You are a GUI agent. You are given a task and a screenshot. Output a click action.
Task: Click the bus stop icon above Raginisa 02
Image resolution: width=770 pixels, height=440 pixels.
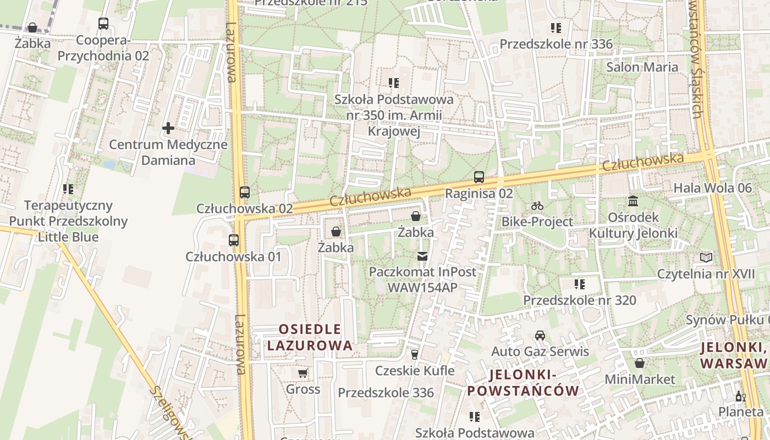coord(479,177)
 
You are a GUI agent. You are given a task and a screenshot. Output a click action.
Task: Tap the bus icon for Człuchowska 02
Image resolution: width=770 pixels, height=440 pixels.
coord(245,193)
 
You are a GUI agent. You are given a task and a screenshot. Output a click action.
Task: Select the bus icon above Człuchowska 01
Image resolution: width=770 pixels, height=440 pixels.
coord(234,240)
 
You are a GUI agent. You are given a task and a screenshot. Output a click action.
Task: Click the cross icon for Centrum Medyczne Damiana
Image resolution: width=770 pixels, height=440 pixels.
coord(168,129)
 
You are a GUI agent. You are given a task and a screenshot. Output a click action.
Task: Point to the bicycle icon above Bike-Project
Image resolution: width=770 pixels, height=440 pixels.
coord(537,206)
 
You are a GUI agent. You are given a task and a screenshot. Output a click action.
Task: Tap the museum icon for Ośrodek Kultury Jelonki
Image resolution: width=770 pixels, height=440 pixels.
coord(633,201)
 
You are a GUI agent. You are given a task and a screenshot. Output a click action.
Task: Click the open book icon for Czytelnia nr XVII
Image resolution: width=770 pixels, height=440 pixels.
coord(706,257)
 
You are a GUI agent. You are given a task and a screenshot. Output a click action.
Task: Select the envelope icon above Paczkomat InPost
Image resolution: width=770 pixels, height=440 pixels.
coord(422,256)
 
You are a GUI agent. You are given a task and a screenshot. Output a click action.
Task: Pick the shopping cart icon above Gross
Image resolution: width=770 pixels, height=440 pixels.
coord(302,373)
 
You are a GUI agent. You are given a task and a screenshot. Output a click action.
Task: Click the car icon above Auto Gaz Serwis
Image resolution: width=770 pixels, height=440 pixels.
coord(540,335)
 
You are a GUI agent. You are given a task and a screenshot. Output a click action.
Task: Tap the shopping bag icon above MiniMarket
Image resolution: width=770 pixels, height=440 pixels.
coord(639,363)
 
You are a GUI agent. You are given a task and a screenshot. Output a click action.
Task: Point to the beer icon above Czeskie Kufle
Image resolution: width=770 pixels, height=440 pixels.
coord(415,355)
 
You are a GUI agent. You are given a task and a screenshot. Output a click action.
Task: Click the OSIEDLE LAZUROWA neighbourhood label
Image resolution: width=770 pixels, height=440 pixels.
coord(310,337)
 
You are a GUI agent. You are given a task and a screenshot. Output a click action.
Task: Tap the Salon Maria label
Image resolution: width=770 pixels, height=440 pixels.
coord(642,67)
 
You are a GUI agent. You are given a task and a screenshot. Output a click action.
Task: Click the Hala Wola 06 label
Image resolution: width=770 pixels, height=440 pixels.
coord(712,188)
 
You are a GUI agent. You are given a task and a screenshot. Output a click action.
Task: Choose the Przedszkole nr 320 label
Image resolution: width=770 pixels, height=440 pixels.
coord(579,300)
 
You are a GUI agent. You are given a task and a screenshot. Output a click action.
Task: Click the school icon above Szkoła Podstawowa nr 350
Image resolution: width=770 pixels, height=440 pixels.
coord(394,83)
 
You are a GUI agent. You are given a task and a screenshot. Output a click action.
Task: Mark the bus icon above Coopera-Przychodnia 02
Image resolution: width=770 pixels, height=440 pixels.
coord(103,24)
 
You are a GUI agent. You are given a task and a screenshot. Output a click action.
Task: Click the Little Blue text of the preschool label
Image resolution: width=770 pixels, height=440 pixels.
coord(68,237)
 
